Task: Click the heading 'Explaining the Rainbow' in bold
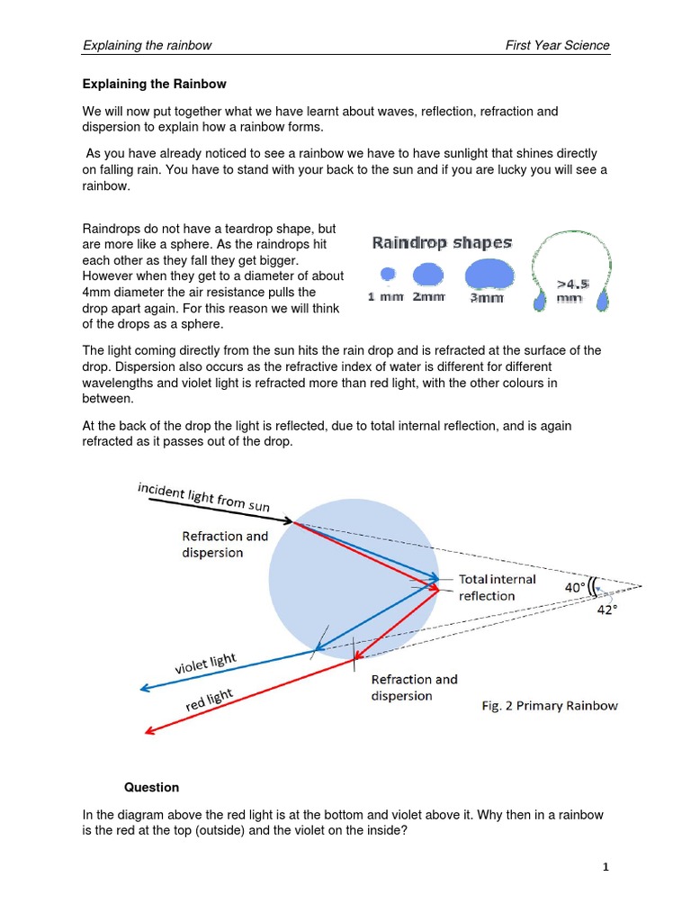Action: click(155, 84)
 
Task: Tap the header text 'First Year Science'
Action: click(557, 45)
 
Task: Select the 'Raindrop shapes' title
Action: click(442, 242)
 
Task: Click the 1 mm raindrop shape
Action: click(388, 274)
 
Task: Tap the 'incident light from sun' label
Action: click(203, 496)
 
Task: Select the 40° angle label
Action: click(575, 587)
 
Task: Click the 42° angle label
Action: click(607, 610)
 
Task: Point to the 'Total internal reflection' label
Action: click(497, 587)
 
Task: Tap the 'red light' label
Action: click(209, 701)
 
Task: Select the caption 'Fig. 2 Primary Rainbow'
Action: click(549, 706)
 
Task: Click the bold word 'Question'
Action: click(151, 787)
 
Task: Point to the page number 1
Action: click(606, 867)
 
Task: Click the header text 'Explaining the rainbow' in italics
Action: click(147, 45)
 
